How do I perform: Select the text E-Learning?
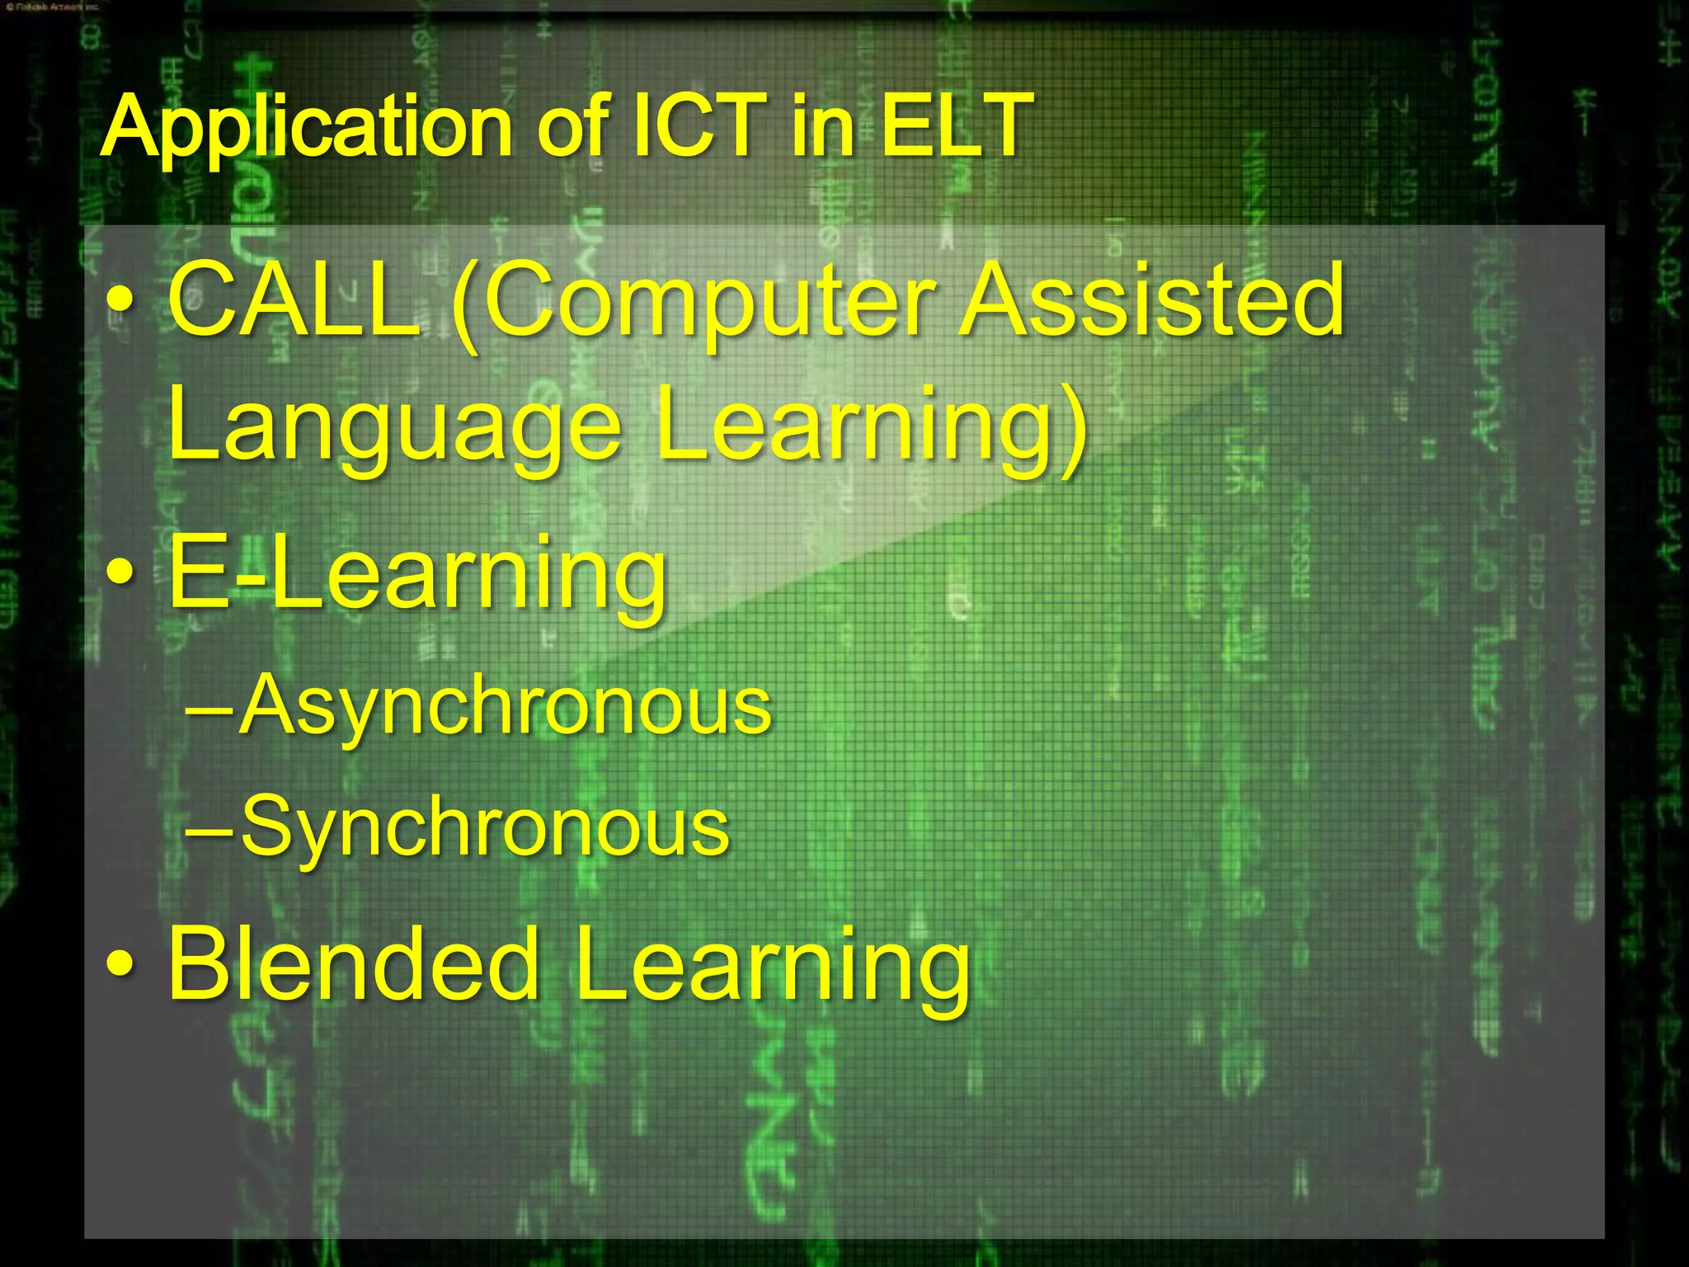417,573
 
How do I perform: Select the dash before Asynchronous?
209,708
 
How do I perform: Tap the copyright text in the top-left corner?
51,7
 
